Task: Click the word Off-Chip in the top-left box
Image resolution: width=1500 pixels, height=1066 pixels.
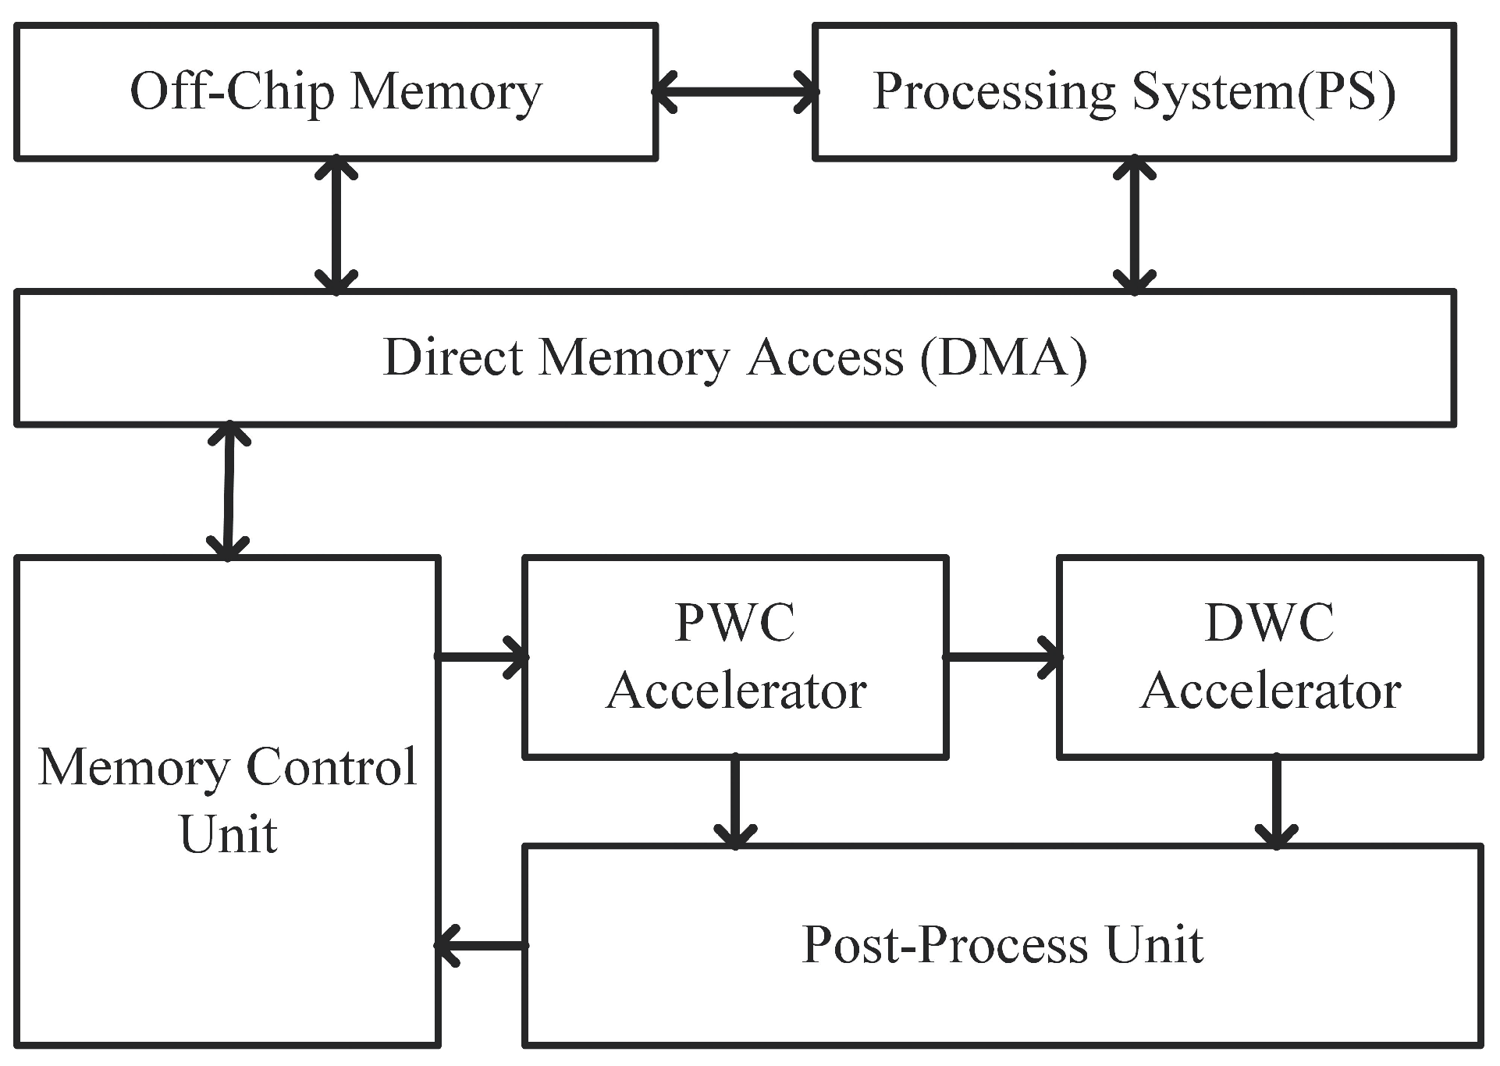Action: click(x=232, y=92)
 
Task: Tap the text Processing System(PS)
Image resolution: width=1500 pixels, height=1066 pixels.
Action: click(x=1134, y=93)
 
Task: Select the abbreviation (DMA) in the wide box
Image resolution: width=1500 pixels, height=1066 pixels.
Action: click(x=1004, y=358)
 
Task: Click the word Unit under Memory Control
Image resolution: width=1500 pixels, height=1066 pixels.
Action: click(x=228, y=835)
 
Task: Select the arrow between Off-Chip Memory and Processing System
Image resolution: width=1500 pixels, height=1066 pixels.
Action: click(x=735, y=92)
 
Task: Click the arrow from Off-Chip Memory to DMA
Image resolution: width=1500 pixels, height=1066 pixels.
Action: click(x=336, y=225)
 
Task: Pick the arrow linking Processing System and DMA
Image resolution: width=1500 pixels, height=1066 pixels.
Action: click(x=1134, y=225)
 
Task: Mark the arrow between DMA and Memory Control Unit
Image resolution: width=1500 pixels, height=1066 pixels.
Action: click(x=228, y=491)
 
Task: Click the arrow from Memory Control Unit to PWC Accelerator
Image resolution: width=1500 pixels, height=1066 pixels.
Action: click(x=482, y=656)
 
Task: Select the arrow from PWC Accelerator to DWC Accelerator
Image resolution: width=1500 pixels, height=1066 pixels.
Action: click(x=1003, y=656)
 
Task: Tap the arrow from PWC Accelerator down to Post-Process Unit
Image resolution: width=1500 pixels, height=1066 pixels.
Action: click(x=735, y=801)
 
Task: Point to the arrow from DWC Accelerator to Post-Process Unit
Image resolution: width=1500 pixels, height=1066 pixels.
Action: click(x=1276, y=801)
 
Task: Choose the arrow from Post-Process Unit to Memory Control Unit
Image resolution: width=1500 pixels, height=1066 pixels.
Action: click(x=482, y=945)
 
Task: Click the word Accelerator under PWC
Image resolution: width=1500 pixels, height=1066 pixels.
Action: click(x=736, y=691)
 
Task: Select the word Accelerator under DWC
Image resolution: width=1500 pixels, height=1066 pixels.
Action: click(x=1271, y=691)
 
